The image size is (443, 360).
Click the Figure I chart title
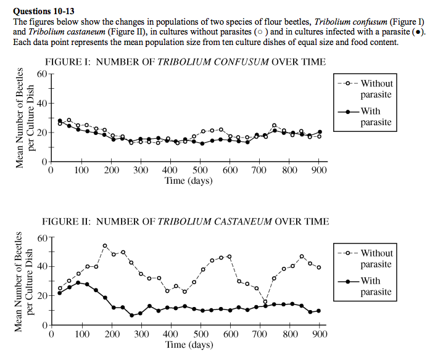point(186,62)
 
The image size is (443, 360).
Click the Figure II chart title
point(185,221)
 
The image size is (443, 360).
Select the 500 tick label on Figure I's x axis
point(200,170)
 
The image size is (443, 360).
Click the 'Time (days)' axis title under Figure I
point(188,181)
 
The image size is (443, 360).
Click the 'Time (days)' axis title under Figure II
point(188,345)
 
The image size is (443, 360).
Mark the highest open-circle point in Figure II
point(105,245)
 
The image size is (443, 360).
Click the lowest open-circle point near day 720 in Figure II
point(265,301)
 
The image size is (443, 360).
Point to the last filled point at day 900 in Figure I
point(319,132)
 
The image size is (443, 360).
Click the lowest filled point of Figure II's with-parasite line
point(131,315)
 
